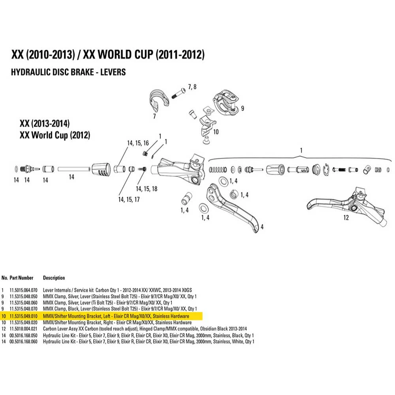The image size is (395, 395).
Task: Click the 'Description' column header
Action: click(54, 278)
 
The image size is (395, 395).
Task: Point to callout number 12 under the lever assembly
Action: click(346, 218)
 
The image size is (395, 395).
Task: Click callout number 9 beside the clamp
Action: click(243, 108)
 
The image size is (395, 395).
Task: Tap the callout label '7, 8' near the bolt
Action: click(192, 87)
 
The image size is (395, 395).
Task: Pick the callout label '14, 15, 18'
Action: click(147, 189)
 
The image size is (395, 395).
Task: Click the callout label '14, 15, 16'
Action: click(138, 143)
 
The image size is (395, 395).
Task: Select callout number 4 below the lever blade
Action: click(261, 227)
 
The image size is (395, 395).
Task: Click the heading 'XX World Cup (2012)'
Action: click(55, 135)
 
